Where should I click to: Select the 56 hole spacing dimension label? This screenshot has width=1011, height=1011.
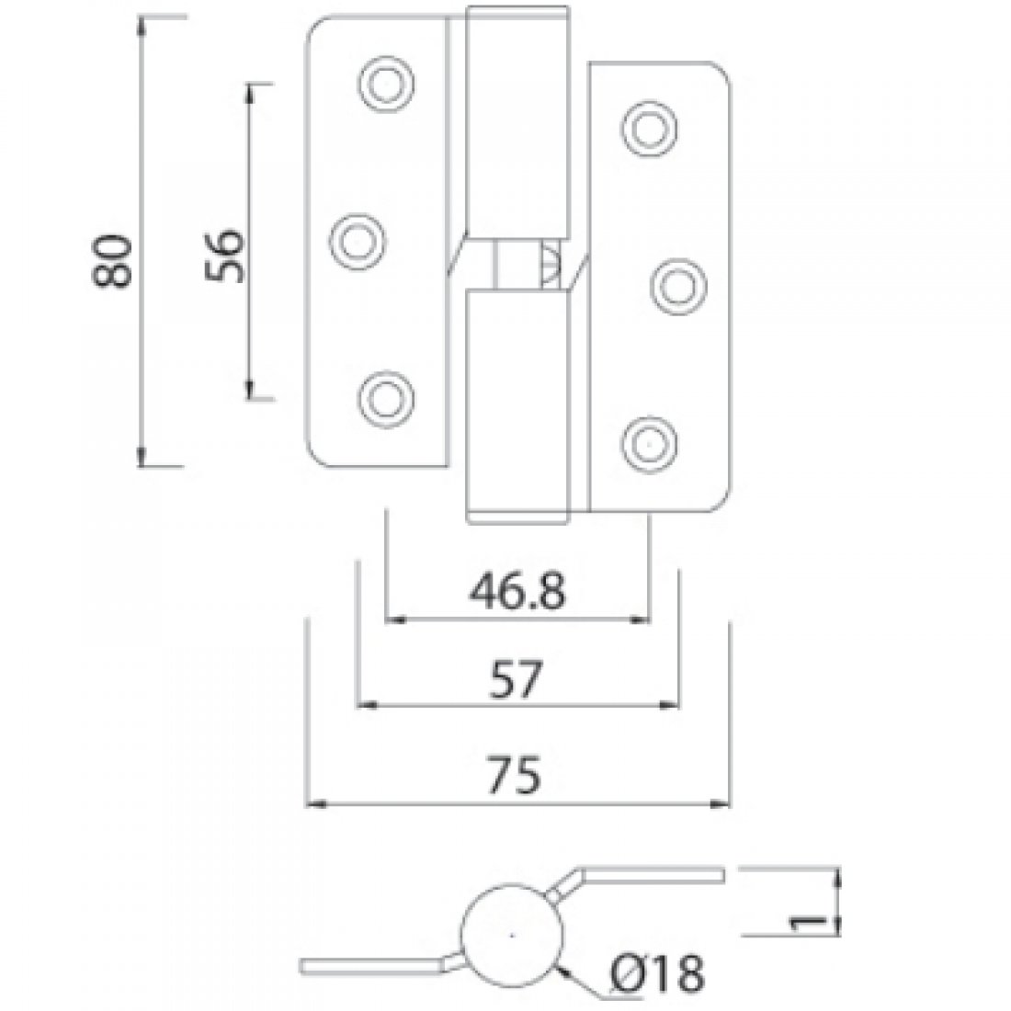coord(223,255)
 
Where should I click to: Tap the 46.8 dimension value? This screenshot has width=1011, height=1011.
coord(516,595)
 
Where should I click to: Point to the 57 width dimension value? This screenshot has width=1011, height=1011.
coord(516,682)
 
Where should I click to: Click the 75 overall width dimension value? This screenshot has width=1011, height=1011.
coord(516,778)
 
